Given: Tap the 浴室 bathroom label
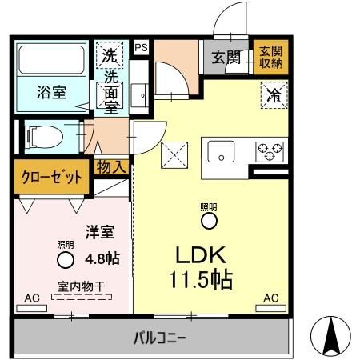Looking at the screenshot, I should click(50, 92).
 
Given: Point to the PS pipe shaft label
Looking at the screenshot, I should click(141, 47).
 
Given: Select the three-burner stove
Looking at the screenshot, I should click(269, 150).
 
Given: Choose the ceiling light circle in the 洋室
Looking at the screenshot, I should click(65, 258).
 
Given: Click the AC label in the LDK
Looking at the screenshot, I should click(270, 298).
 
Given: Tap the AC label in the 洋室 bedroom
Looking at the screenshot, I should click(31, 298).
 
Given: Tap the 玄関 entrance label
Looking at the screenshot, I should click(226, 58).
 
